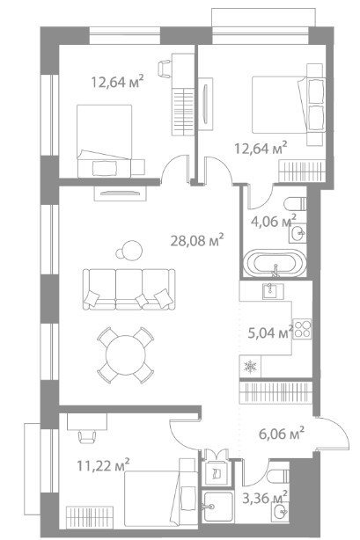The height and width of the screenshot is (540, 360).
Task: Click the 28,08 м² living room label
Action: coord(197,240)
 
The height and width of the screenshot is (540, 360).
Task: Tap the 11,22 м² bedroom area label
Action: coord(103,465)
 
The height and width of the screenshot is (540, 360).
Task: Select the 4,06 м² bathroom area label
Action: coord(274,221)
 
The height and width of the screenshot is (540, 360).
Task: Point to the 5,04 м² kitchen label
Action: coord(271,332)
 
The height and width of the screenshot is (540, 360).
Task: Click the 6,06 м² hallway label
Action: coord(282,434)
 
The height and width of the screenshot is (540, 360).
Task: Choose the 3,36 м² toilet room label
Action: coord(265,498)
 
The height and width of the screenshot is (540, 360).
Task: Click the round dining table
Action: coord(126,354)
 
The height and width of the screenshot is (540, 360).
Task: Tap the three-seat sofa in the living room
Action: coord(129,289)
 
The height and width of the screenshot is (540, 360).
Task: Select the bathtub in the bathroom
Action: coord(276,264)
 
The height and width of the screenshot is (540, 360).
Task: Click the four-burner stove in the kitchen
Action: coord(302,329)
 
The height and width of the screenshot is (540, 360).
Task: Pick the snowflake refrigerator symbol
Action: coord(250,367)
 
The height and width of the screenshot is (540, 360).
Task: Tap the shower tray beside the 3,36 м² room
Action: coord(218,507)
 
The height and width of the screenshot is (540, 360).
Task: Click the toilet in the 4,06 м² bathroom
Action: coord(295,204)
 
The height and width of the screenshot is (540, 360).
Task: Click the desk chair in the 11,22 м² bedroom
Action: coord(87,437)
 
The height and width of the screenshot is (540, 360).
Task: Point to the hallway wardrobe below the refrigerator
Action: coord(276,392)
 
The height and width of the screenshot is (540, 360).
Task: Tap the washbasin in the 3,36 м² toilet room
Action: coord(279,513)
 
